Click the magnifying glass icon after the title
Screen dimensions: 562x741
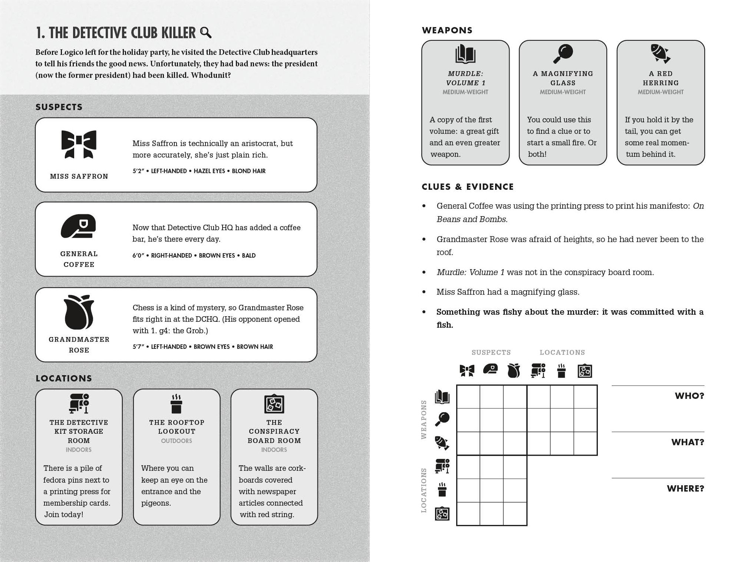coord(206,33)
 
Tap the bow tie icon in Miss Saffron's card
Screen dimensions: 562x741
coord(79,144)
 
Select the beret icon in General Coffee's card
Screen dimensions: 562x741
coord(79,226)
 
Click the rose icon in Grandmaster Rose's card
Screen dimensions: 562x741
coord(79,312)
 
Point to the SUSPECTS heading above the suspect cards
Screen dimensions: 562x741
coord(59,107)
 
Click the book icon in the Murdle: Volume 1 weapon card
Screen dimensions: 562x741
coord(465,54)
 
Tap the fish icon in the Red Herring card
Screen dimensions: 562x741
coord(661,54)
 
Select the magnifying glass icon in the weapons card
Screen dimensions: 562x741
coord(563,54)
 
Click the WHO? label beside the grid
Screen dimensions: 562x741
coord(689,396)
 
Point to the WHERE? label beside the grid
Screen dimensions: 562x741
coord(685,489)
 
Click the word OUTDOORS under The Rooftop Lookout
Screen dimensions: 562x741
coord(177,441)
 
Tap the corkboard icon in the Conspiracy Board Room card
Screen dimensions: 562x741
coord(274,404)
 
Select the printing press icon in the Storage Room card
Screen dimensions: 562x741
coord(79,403)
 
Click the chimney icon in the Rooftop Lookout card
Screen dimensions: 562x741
coord(177,404)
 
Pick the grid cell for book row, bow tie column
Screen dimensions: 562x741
coord(468,397)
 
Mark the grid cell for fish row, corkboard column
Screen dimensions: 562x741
coord(585,443)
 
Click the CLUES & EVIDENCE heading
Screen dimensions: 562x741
coord(467,187)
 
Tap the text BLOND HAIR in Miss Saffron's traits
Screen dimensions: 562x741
coord(248,171)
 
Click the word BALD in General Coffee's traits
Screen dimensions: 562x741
coord(248,255)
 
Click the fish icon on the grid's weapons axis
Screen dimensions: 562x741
coord(442,443)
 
